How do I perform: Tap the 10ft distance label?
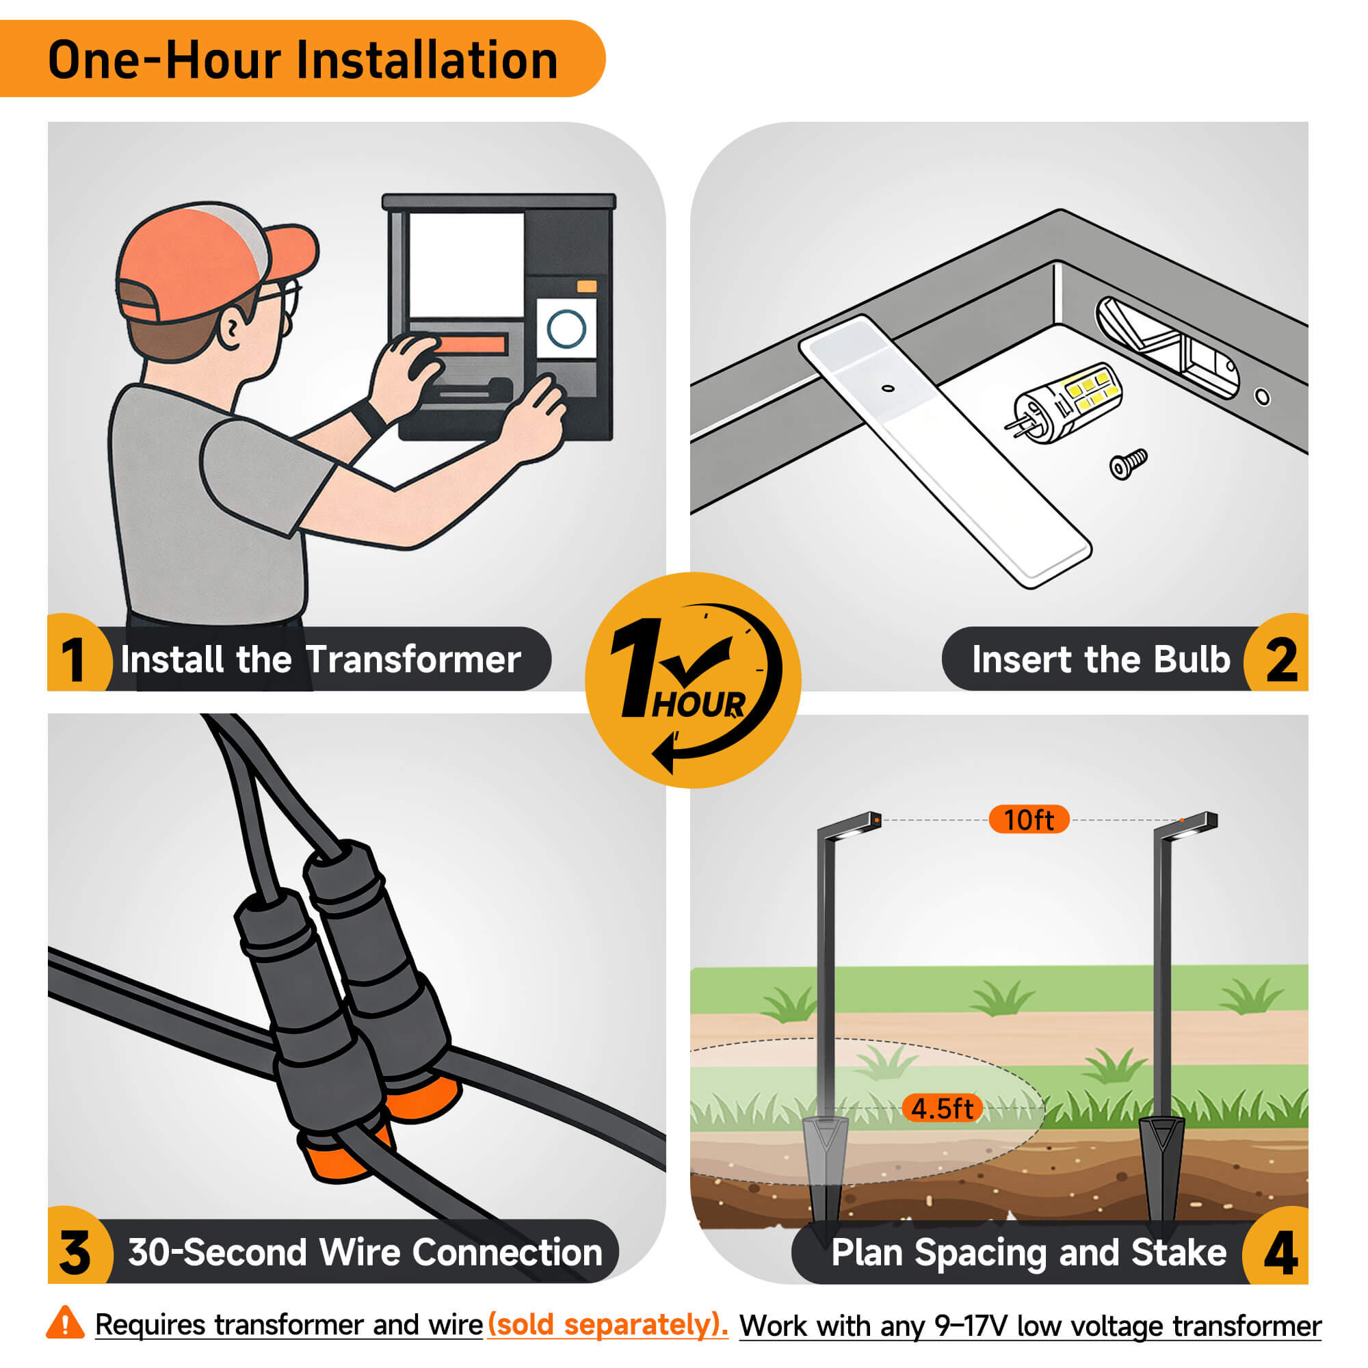[1029, 820]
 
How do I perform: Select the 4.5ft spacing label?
[943, 1109]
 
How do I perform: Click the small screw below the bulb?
[1128, 464]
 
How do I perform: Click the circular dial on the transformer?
[566, 328]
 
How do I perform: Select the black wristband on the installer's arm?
[368, 419]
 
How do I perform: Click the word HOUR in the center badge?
[698, 705]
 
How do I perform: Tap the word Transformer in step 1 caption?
[414, 659]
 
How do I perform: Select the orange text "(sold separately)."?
[607, 1324]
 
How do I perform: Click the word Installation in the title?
[427, 60]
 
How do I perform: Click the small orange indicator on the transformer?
[587, 286]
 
